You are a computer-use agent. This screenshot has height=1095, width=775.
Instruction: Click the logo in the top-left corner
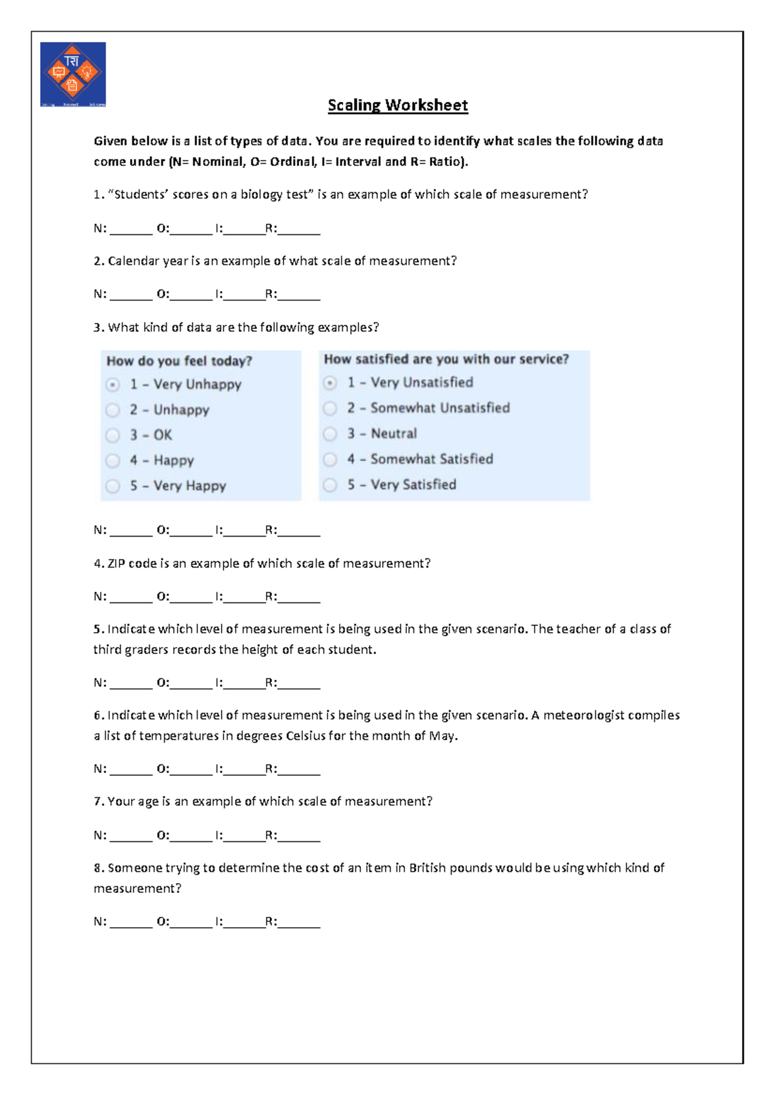coord(73,74)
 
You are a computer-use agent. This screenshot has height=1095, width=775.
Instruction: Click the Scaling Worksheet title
coord(397,105)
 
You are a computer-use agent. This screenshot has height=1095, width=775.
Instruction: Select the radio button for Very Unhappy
coord(113,385)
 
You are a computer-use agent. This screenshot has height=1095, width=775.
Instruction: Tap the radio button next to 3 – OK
coord(113,436)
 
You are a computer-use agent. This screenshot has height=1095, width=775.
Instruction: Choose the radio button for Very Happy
coord(113,486)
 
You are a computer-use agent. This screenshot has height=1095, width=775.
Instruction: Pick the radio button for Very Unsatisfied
coord(330,383)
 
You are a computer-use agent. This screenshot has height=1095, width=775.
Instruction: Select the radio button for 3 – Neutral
coord(330,434)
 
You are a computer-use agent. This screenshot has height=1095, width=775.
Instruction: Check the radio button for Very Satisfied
coord(330,485)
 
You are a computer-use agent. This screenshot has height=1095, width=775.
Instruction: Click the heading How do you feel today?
coord(179,361)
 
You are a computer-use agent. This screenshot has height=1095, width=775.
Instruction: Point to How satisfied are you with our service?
coord(446,359)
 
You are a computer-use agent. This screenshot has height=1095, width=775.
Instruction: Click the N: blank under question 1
coord(131,230)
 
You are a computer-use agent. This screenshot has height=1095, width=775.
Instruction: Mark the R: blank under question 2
coord(299,296)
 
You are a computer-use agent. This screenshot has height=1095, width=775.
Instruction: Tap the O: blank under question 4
coord(191,598)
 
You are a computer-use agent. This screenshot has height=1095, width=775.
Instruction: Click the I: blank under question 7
coord(243,837)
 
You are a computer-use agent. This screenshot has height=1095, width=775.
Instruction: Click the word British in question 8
coord(428,868)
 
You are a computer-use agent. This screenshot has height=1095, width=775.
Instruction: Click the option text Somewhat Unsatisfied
coord(440,408)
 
